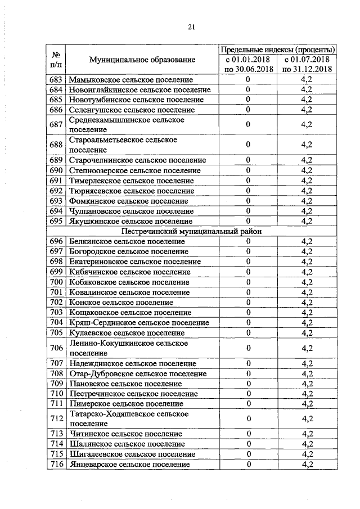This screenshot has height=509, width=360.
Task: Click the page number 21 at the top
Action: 191,27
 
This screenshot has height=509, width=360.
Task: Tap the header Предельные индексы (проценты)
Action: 278,49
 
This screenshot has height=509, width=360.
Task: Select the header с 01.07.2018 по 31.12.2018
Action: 307,64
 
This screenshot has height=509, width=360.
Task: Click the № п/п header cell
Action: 56,60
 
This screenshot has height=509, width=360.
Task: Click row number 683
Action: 56,80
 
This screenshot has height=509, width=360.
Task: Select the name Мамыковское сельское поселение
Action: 130,80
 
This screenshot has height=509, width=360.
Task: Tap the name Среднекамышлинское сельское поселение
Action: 126,125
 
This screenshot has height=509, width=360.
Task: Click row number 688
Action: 56,145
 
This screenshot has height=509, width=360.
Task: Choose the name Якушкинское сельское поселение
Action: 128,221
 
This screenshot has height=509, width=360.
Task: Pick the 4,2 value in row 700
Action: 307,282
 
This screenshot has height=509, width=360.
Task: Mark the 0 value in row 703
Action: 247,312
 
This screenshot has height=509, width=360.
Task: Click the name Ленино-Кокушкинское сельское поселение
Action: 128,348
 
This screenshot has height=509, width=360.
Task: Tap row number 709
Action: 56,383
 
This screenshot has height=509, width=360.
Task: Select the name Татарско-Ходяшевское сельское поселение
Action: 128,418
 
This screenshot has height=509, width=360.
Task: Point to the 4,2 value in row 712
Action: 307,418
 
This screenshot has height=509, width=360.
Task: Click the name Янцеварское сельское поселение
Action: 129,464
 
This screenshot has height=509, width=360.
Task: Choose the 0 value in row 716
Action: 247,464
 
